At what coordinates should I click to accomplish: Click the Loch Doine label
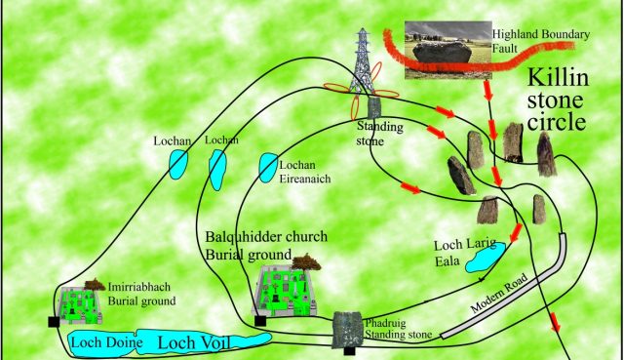(x=100, y=342)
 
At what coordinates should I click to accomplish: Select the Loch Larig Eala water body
(x=483, y=258)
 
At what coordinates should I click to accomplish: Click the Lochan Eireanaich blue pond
(x=267, y=167)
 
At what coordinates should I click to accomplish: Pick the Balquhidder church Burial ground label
(x=265, y=246)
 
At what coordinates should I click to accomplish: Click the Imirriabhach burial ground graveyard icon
(x=81, y=305)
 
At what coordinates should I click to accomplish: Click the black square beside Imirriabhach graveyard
(x=52, y=321)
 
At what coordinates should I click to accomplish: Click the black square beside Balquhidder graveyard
(x=260, y=320)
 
